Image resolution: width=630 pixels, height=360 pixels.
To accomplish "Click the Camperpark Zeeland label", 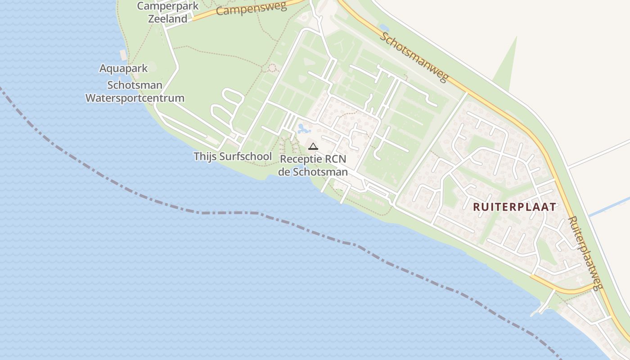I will (x=168, y=13).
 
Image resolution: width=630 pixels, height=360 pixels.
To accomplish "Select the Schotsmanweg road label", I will (x=414, y=57).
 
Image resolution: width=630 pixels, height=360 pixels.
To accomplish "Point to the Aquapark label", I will (x=117, y=68).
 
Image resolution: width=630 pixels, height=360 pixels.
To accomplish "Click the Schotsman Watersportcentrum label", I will (x=135, y=91).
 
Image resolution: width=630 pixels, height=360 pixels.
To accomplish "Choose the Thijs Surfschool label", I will (x=233, y=156).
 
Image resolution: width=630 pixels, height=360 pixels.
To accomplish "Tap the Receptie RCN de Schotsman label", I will (x=313, y=166).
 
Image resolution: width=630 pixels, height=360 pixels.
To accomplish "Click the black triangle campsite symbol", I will (x=313, y=146).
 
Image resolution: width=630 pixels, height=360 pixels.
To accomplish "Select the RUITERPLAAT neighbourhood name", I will (x=515, y=207).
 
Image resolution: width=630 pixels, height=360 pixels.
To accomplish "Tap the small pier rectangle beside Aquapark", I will (x=123, y=55).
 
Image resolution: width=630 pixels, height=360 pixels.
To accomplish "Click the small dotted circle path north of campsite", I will (x=272, y=68).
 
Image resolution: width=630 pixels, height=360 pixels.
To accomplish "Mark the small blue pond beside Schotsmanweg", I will (x=384, y=28).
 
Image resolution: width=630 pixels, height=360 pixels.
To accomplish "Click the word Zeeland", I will (x=168, y=19).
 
